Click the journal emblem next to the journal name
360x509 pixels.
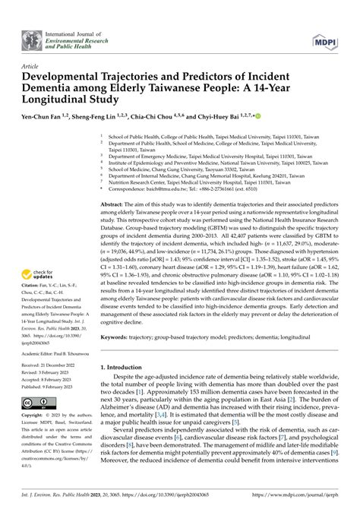(31, 37)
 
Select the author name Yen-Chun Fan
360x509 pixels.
(46, 118)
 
